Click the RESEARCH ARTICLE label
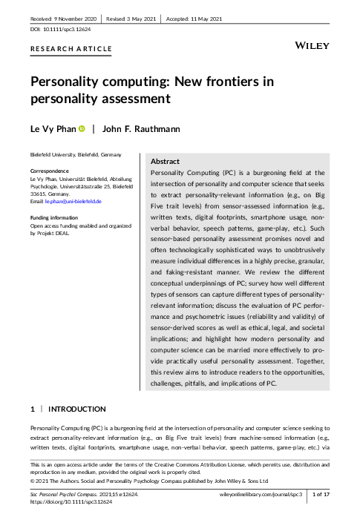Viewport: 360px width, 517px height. (x=71, y=50)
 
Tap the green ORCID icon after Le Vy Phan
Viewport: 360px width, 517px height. (x=82, y=130)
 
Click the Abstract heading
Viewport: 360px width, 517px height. (x=165, y=161)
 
